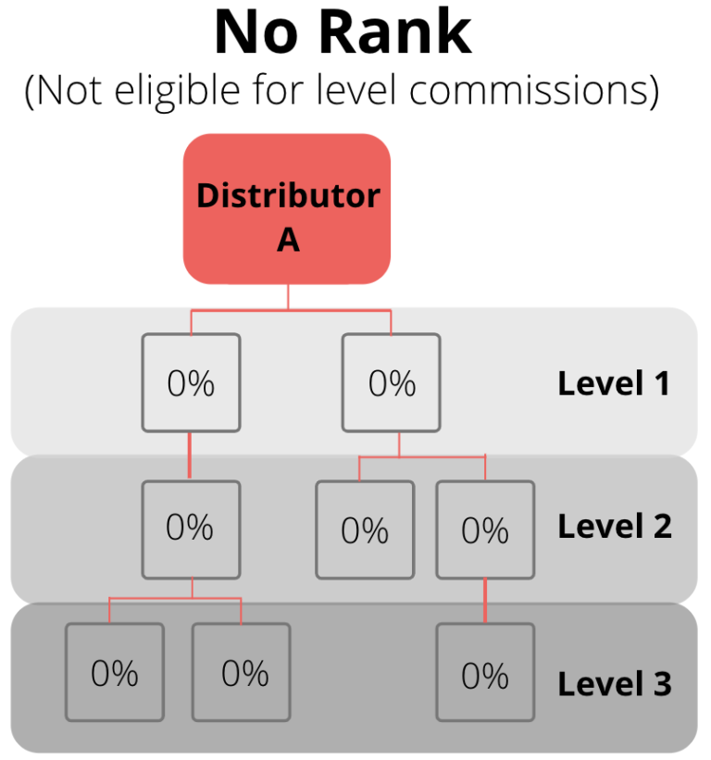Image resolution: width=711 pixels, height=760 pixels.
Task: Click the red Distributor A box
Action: tap(287, 208)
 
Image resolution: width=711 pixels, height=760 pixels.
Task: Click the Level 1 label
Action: tap(613, 383)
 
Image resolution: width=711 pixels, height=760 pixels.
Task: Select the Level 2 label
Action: tap(613, 526)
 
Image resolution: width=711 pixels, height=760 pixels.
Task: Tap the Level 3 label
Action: tap(613, 684)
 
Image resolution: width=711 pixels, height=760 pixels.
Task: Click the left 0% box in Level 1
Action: tap(191, 382)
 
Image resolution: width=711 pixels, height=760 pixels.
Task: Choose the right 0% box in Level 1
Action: tap(392, 382)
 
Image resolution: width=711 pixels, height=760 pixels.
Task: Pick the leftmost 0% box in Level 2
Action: tap(191, 528)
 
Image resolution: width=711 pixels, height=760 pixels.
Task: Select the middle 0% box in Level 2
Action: tap(365, 530)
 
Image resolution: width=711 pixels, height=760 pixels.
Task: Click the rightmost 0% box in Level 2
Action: tap(485, 530)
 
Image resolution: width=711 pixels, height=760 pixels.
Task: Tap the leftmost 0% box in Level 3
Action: tap(115, 672)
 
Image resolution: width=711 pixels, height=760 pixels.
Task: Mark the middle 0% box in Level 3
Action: tap(241, 672)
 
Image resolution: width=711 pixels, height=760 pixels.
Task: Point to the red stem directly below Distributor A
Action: tap(288, 296)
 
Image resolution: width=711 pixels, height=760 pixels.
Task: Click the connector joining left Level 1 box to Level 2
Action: tap(191, 455)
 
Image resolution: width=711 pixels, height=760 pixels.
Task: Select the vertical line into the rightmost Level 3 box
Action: tap(485, 601)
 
